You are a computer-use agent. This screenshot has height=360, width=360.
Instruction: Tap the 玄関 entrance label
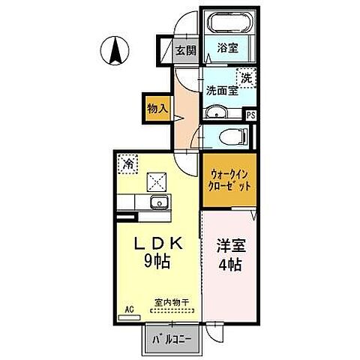[185, 52]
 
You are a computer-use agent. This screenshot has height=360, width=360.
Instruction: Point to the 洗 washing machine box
[247, 76]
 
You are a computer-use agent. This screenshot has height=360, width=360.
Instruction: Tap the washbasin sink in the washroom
[215, 113]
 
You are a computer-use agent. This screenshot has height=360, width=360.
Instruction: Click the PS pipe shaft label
[252, 115]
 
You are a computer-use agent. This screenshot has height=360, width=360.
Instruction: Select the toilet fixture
[232, 136]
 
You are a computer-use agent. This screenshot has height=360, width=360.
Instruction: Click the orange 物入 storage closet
[157, 109]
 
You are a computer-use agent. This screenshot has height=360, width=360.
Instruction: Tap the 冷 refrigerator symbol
[128, 163]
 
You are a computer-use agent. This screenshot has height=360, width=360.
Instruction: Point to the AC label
[127, 308]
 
